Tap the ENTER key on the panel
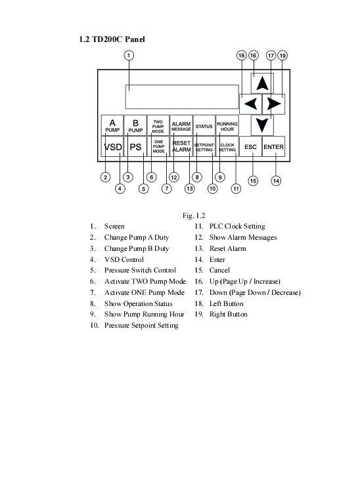(x=273, y=146)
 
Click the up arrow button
(x=262, y=83)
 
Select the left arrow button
(x=250, y=104)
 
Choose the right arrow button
(x=273, y=104)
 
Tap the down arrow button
(x=262, y=125)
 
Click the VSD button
(x=112, y=146)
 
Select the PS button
(x=135, y=146)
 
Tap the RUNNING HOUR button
(x=227, y=126)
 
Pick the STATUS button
(x=204, y=126)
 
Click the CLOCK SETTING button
(x=227, y=146)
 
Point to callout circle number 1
(x=129, y=56)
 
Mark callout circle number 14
(x=276, y=181)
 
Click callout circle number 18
(x=242, y=56)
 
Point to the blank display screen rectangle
(x=182, y=97)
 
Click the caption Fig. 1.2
(x=194, y=215)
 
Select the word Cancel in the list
(x=219, y=270)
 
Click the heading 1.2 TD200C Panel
(x=112, y=39)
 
